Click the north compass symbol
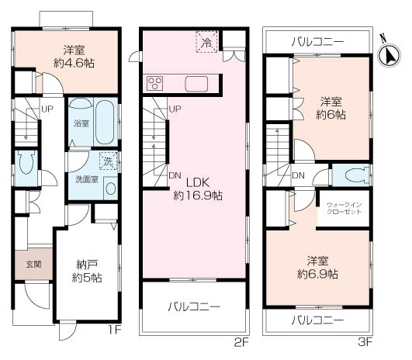point(389,52)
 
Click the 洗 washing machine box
point(107,164)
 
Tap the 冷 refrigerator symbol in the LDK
point(206,42)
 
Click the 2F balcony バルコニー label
point(194,306)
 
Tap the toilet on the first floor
point(26,164)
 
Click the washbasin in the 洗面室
point(111,188)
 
